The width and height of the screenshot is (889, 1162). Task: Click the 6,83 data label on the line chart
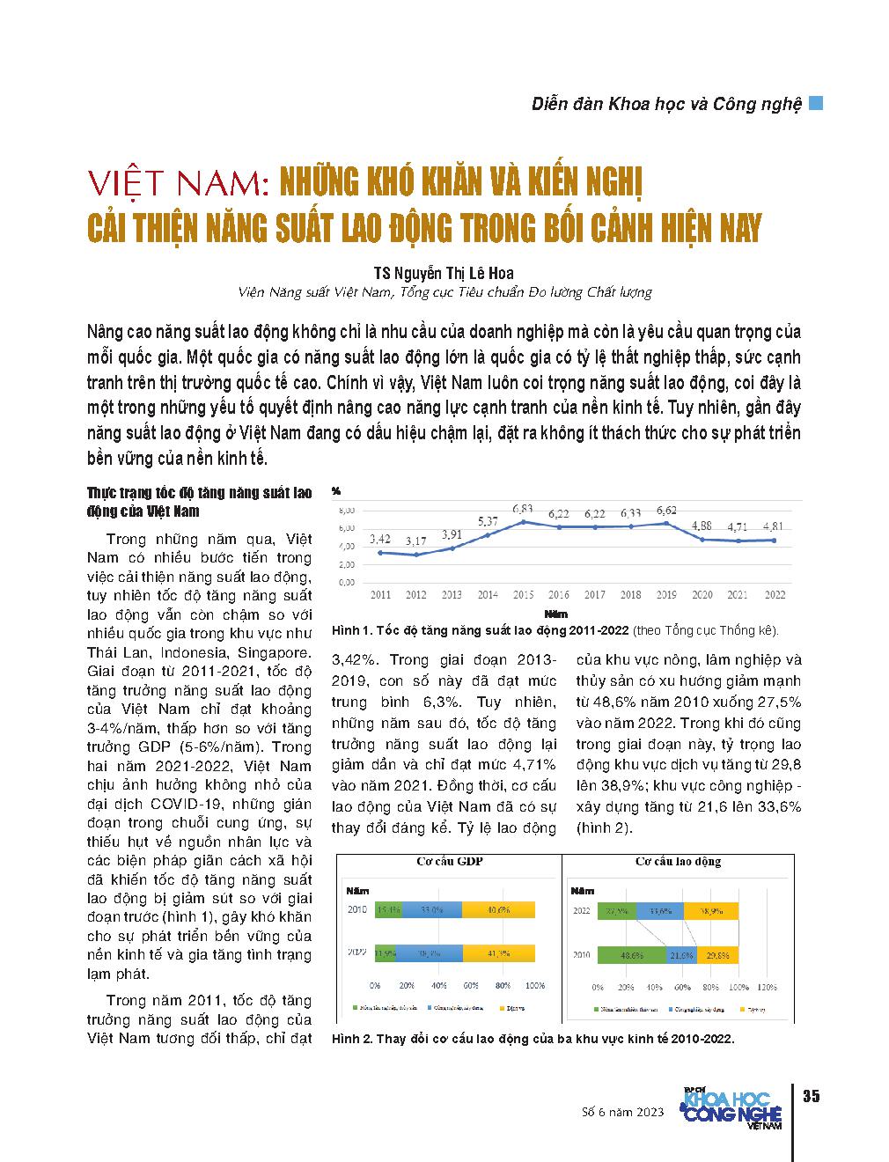coord(523,509)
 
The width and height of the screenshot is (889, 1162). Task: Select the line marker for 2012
coord(415,555)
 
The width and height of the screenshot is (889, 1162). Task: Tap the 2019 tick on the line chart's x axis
coord(666,595)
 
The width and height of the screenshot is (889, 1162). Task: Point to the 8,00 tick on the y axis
coord(346,510)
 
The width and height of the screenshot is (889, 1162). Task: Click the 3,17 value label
coord(415,541)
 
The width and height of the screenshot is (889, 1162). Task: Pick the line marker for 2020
coord(702,539)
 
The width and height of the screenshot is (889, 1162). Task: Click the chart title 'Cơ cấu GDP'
coord(450,862)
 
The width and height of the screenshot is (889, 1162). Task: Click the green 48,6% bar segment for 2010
coord(630,954)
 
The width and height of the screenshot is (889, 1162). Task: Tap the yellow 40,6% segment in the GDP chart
coord(498,909)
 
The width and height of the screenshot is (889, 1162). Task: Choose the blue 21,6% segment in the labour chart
coord(680,954)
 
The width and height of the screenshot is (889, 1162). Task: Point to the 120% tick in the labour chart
coord(767,987)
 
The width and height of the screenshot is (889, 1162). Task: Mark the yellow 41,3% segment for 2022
coord(500,953)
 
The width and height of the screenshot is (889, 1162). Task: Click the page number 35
coord(811,1096)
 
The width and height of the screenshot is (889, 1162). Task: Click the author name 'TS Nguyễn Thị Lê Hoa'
coord(444,273)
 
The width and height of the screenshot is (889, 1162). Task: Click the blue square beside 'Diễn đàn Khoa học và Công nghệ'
coord(816,103)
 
